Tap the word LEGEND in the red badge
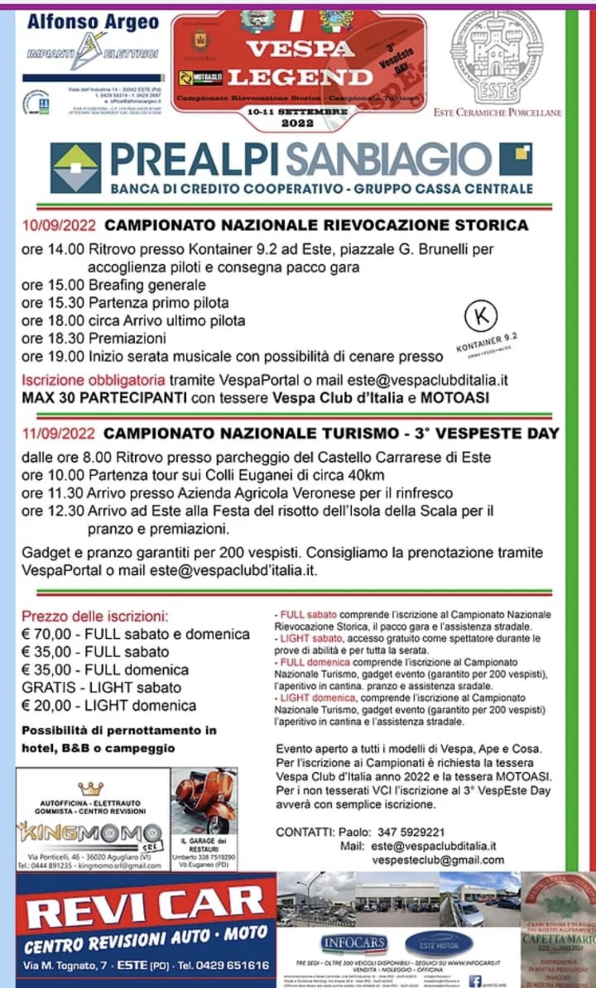[x=300, y=78]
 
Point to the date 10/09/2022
[x=59, y=225]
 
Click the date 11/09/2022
[x=59, y=434]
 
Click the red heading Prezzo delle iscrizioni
[x=94, y=616]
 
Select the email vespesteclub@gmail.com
[x=438, y=860]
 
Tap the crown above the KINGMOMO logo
[x=90, y=789]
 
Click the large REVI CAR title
[x=145, y=909]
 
